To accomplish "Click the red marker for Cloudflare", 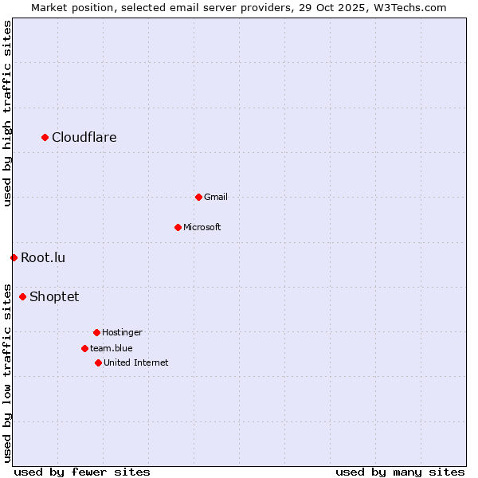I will click(45, 138).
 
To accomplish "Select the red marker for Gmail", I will click(198, 197).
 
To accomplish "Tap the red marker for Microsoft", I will click(178, 227).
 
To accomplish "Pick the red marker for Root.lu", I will click(14, 257).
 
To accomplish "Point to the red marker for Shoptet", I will click(22, 296).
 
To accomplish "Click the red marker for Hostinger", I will click(96, 332).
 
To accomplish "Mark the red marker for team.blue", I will click(84, 348).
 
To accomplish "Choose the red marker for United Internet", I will click(98, 362).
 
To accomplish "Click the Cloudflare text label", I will click(84, 138).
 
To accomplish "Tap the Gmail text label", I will click(216, 197).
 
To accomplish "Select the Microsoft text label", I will click(202, 227).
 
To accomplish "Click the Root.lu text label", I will click(43, 257).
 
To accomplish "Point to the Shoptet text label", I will click(54, 297).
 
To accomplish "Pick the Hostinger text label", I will click(122, 332).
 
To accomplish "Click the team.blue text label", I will click(112, 348).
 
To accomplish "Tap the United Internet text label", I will click(136, 362).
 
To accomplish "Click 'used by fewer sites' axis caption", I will click(82, 472).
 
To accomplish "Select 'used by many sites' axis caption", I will click(400, 472).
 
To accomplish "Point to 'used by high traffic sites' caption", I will click(7, 114).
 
